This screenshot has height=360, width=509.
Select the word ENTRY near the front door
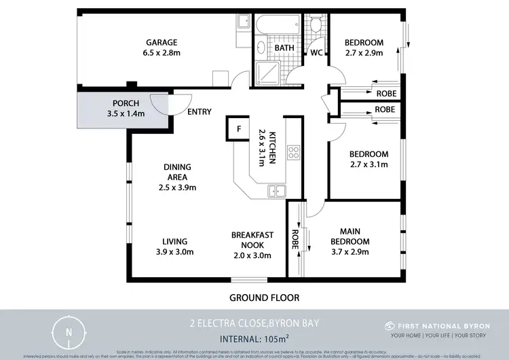click(x=199, y=112)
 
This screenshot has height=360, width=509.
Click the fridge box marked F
click(x=238, y=128)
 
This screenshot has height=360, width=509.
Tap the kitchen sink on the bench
click(x=276, y=191)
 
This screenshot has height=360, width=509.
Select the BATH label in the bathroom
click(x=284, y=48)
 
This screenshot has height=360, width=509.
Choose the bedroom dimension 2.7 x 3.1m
click(x=369, y=164)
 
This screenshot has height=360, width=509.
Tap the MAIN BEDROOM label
click(x=350, y=236)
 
